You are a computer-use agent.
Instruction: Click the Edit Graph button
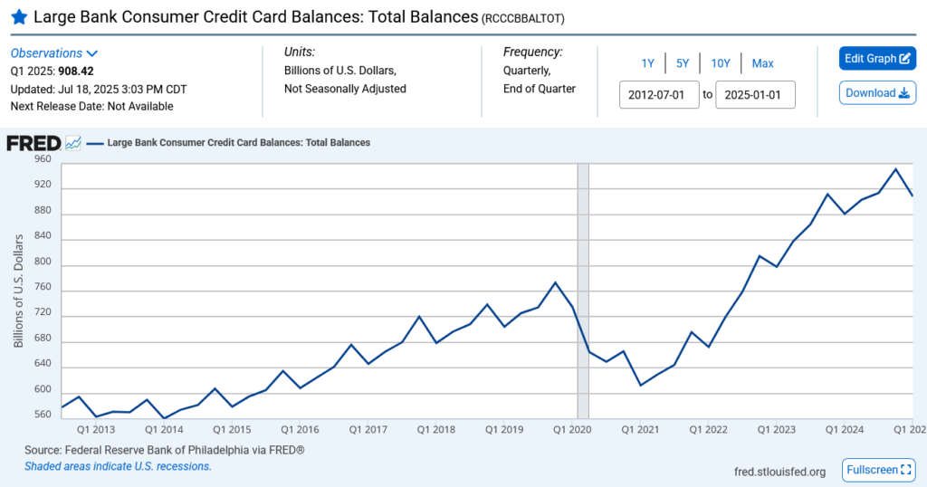[x=877, y=59]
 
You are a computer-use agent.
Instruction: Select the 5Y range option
[x=683, y=63]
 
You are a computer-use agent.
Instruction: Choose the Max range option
[x=762, y=63]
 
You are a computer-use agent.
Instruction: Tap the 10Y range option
[x=721, y=63]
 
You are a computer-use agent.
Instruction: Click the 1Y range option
[x=648, y=63]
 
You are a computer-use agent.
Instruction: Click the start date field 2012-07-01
[x=659, y=94]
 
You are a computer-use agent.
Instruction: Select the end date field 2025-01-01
[x=755, y=94]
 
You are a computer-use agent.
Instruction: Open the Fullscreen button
[x=879, y=470]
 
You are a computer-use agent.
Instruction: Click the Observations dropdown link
[x=54, y=53]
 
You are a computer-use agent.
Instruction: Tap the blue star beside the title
[x=18, y=16]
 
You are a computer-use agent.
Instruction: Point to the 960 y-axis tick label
[x=43, y=158]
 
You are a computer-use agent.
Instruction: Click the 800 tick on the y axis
[x=43, y=263]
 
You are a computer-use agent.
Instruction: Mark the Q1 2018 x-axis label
[x=437, y=429]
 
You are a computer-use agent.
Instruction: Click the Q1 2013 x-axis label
[x=95, y=429]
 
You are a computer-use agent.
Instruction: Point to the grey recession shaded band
[x=583, y=290]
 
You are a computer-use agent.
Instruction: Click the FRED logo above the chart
[x=33, y=143]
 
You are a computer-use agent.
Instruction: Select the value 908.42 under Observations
[x=77, y=71]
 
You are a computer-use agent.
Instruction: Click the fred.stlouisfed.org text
[x=779, y=472]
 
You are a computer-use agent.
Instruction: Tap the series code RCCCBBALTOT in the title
[x=526, y=18]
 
